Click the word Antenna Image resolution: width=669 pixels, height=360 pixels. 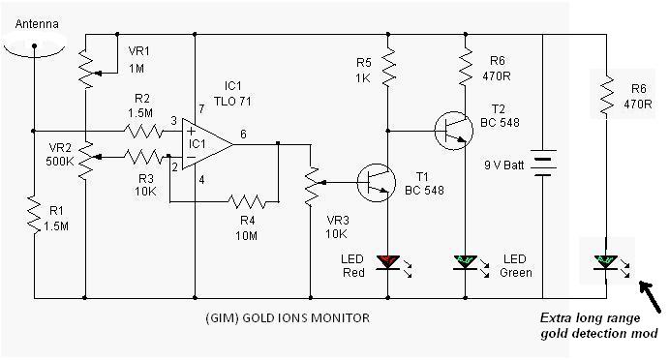coord(37,24)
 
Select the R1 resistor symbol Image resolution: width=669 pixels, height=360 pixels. coord(34,215)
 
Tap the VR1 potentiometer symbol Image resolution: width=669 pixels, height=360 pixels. coord(86,69)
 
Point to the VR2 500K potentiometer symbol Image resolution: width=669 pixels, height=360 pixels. coord(86,160)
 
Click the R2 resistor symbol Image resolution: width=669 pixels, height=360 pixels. coord(143,131)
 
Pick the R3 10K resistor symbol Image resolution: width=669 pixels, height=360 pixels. coord(143,157)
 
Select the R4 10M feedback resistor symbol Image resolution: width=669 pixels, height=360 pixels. coord(247,201)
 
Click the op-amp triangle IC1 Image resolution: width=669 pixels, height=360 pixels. coord(207,144)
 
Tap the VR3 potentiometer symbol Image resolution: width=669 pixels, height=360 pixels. coord(312,187)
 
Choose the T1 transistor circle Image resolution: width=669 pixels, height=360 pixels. coord(377,183)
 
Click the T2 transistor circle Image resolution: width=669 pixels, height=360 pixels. coord(454,131)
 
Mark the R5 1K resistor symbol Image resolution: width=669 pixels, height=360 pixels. coord(388,68)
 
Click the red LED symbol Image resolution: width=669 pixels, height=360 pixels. coord(388,261)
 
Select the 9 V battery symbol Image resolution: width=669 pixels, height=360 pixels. coord(543,163)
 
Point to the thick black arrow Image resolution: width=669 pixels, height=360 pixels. coord(651,297)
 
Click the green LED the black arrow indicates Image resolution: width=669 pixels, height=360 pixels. coord(606,261)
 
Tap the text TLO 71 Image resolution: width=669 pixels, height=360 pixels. coord(232,102)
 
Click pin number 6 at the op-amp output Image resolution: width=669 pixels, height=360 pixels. coord(243,135)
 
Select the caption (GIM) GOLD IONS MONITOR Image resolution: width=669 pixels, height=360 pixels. coord(288,318)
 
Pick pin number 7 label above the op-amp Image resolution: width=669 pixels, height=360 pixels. coord(201,109)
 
